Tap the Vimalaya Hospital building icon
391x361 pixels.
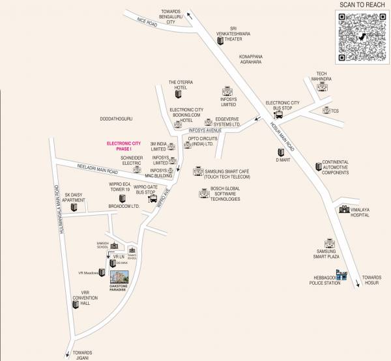pyautogui.click(x=343, y=209)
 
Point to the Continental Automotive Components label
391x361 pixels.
pyautogui.click(x=336, y=167)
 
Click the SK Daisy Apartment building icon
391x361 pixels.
pyautogui.click(x=74, y=207)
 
